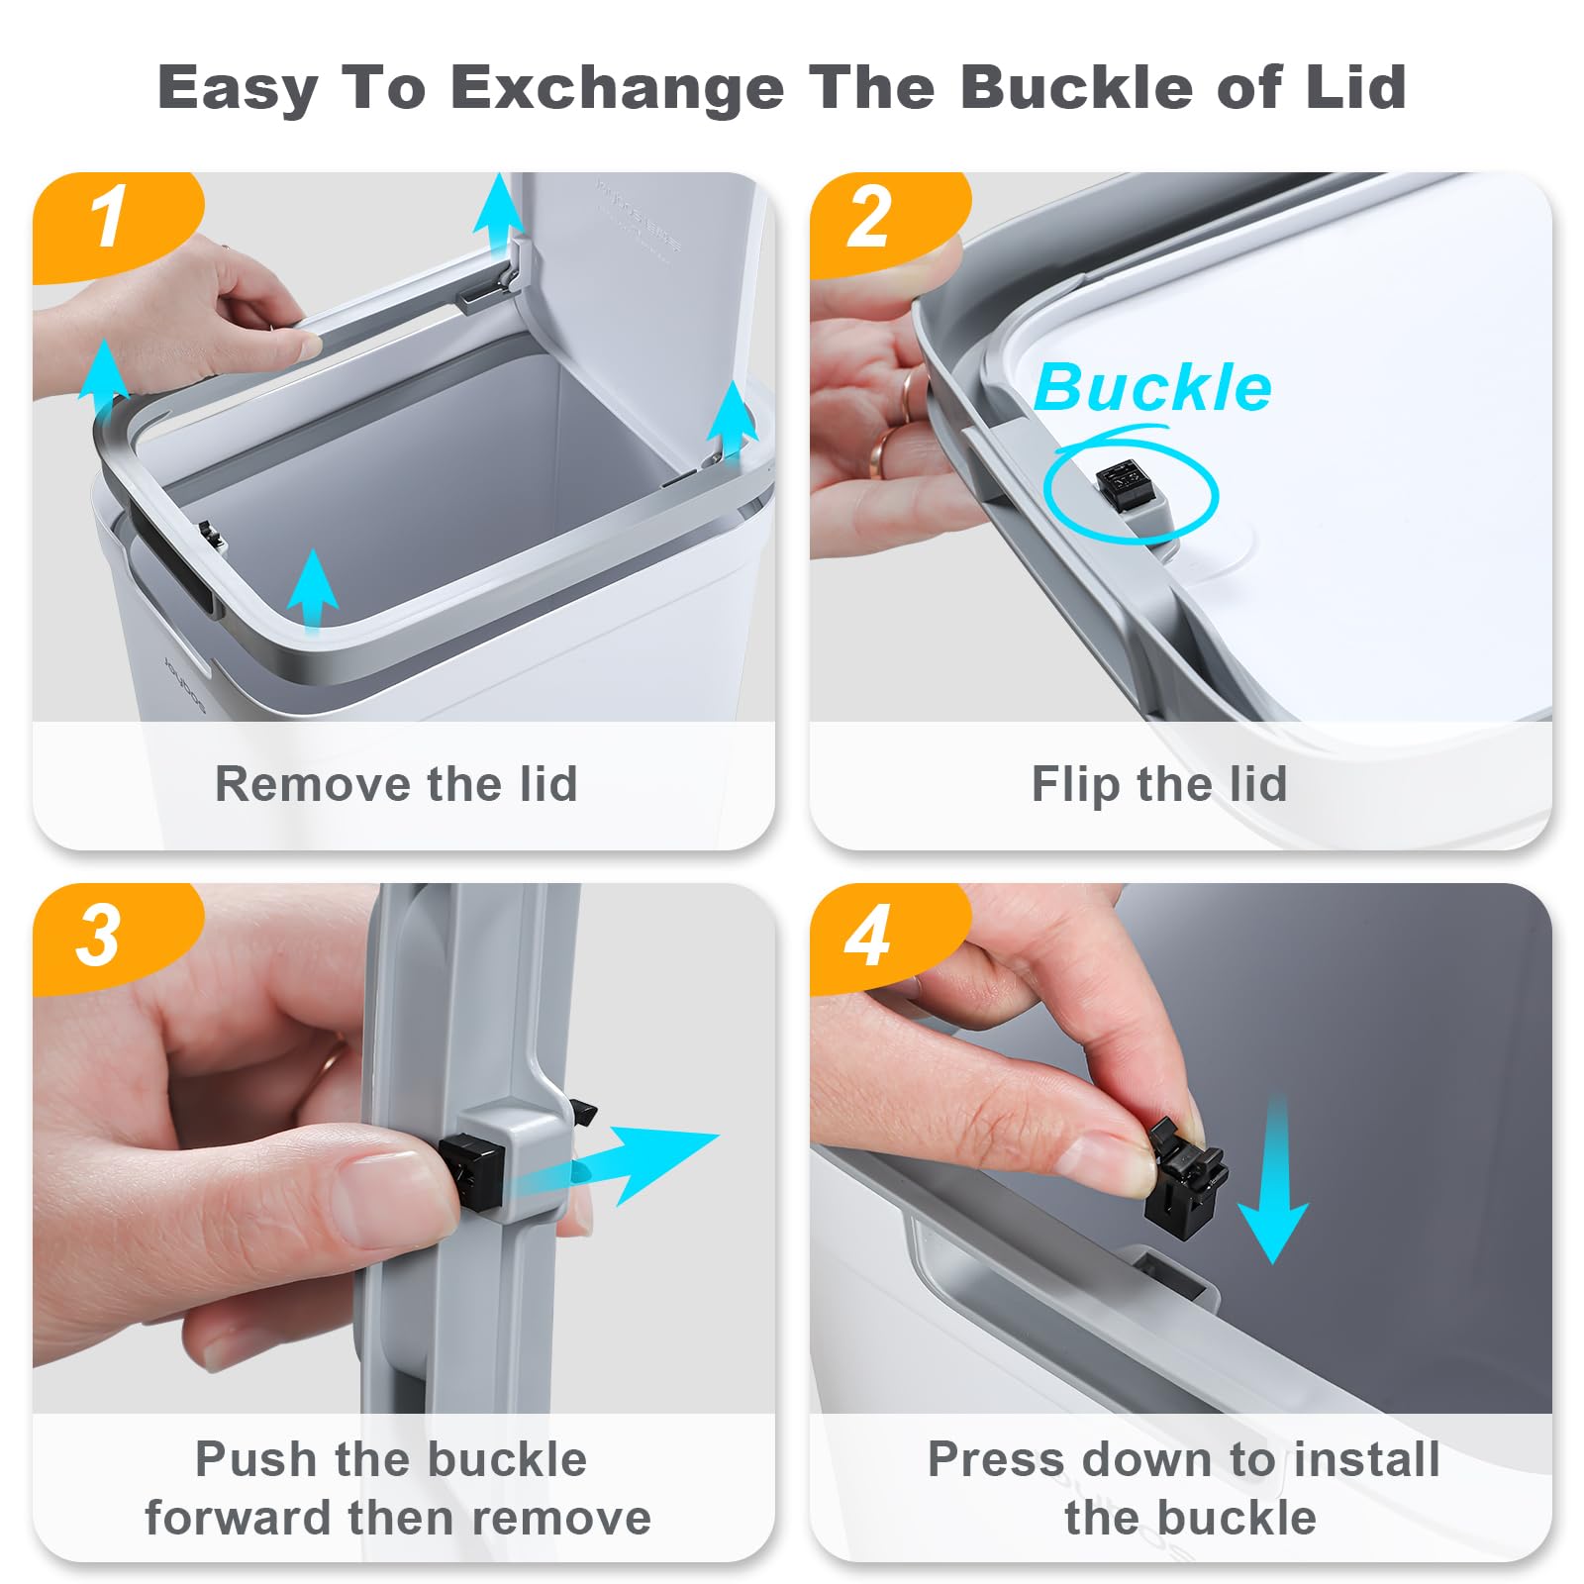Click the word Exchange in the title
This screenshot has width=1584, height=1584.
point(619,87)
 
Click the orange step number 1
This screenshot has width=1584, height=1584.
point(109,217)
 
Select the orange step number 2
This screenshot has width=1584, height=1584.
point(869,217)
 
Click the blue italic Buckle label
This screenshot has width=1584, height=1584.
point(1153,387)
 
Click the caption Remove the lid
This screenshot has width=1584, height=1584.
point(396,784)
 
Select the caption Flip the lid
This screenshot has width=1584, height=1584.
point(1159,784)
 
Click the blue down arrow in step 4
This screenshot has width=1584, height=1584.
point(1275,1178)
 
